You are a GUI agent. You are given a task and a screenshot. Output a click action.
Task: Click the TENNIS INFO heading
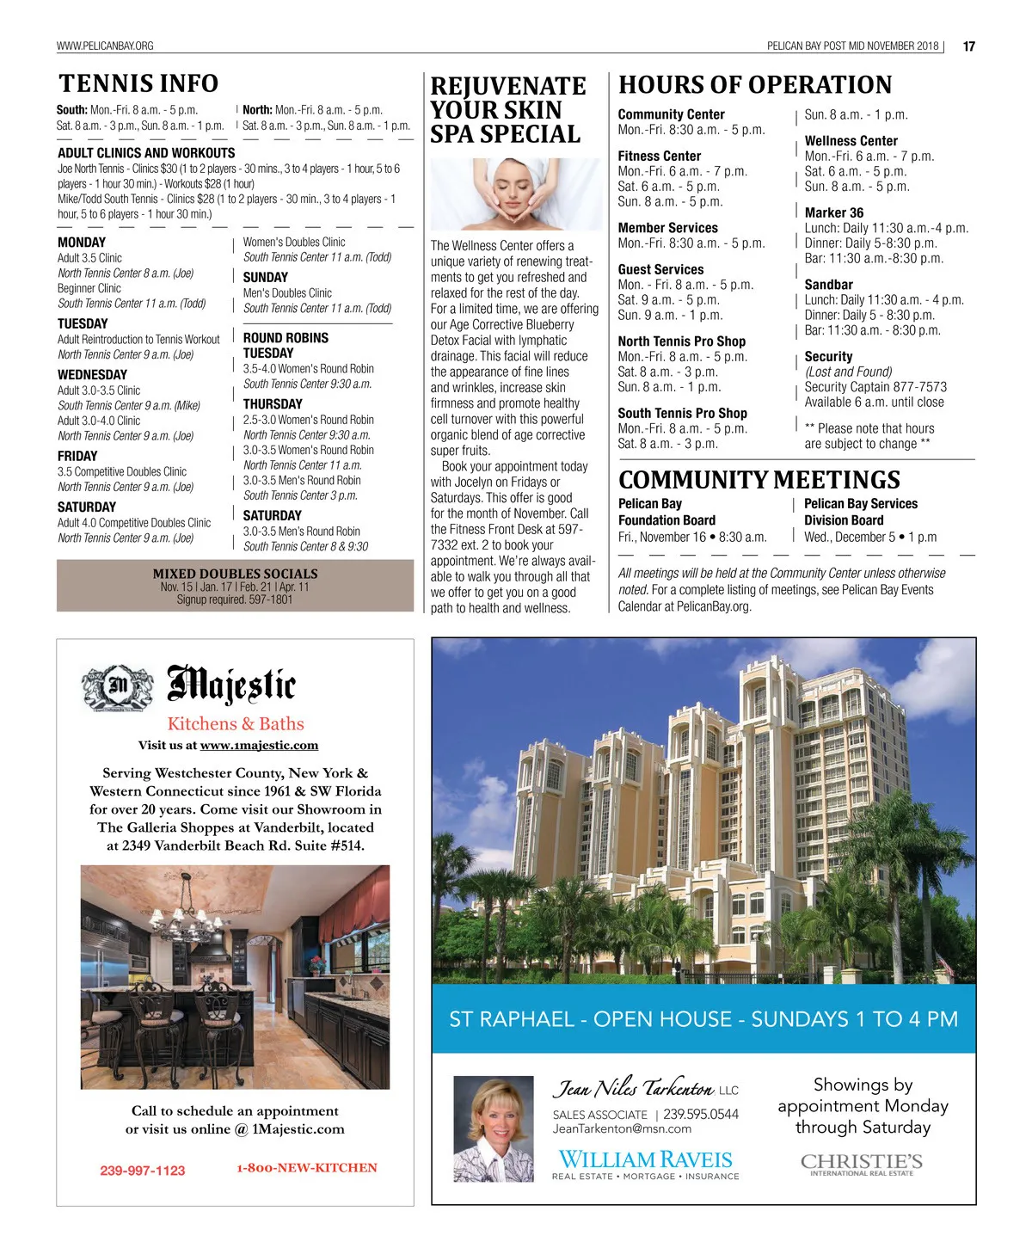pyautogui.click(x=138, y=84)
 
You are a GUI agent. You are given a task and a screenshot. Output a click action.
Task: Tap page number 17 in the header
pyautogui.click(x=969, y=46)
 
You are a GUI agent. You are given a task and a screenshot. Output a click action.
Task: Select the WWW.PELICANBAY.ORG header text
pyautogui.click(x=105, y=46)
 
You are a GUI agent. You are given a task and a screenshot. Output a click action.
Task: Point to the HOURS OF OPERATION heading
pyautogui.click(x=755, y=85)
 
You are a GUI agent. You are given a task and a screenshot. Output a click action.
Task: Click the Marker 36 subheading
pyautogui.click(x=833, y=212)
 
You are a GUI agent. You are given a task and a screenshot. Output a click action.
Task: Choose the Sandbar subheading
pyautogui.click(x=828, y=285)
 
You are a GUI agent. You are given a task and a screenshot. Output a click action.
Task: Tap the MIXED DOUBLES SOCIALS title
pyautogui.click(x=235, y=574)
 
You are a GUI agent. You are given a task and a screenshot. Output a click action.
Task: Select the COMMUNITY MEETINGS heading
pyautogui.click(x=759, y=480)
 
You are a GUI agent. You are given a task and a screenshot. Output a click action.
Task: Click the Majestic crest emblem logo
pyautogui.click(x=118, y=687)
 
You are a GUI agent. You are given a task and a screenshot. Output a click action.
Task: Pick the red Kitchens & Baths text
pyautogui.click(x=236, y=724)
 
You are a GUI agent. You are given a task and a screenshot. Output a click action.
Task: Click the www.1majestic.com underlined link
pyautogui.click(x=259, y=746)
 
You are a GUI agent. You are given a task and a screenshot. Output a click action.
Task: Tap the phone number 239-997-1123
pyautogui.click(x=142, y=1171)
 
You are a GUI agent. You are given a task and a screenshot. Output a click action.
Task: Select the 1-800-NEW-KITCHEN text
pyautogui.click(x=307, y=1168)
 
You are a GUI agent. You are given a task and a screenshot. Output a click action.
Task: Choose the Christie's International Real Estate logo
pyautogui.click(x=862, y=1165)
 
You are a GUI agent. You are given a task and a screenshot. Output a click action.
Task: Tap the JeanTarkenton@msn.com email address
pyautogui.click(x=622, y=1128)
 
